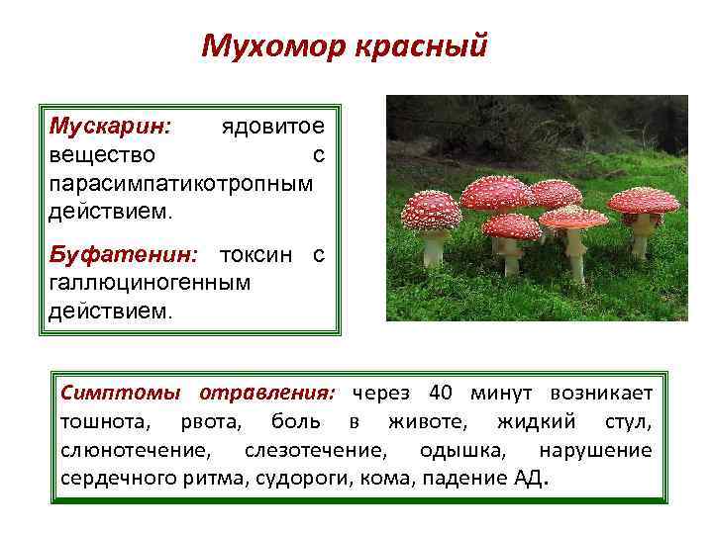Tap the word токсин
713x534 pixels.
[255, 255]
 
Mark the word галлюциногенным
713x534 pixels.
[149, 283]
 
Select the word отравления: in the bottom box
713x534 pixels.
[268, 394]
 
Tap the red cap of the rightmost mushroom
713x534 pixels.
[644, 200]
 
